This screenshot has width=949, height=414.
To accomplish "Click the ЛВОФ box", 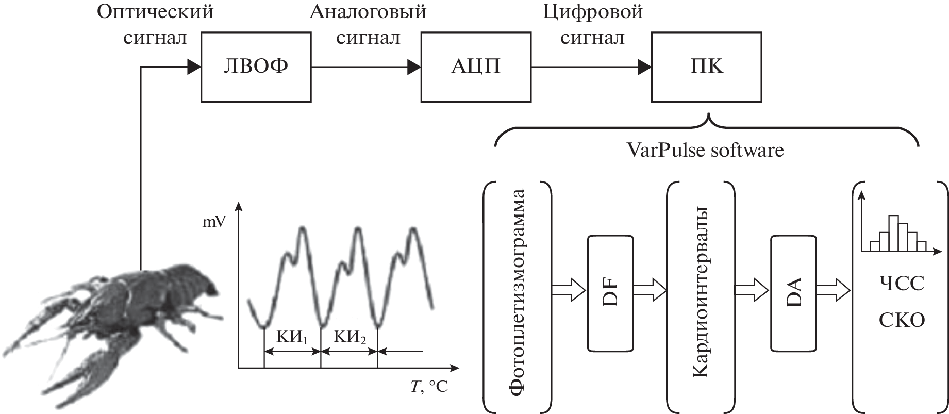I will pyautogui.click(x=255, y=67).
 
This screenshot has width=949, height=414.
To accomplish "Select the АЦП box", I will pyautogui.click(x=476, y=67).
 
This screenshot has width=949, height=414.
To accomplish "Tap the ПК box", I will pyautogui.click(x=707, y=67).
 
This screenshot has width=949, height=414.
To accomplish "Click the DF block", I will pyautogui.click(x=610, y=293).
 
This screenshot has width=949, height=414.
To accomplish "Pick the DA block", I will pyautogui.click(x=794, y=293).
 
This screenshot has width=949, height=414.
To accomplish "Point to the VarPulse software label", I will pyautogui.click(x=706, y=150).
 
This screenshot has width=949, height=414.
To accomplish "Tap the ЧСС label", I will pyautogui.click(x=901, y=284).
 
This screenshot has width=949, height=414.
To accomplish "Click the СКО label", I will pyautogui.click(x=901, y=320).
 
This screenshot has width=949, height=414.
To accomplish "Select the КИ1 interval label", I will pyautogui.click(x=292, y=338).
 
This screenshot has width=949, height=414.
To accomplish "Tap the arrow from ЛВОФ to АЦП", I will pyautogui.click(x=366, y=67).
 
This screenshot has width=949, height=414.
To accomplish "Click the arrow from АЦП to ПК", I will pyautogui.click(x=591, y=67).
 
